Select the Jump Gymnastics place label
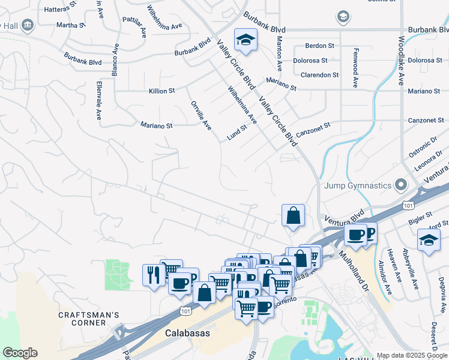(x=358, y=185)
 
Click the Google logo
(x=20, y=353)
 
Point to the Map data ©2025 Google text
(x=412, y=355)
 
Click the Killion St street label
(x=161, y=91)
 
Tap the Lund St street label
(x=237, y=133)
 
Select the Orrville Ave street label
(x=201, y=116)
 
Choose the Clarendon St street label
(x=320, y=75)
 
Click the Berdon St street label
(x=319, y=46)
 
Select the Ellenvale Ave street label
(x=98, y=100)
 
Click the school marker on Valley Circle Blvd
(x=246, y=40)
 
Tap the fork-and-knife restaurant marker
(x=152, y=275)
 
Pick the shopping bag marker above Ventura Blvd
(x=293, y=216)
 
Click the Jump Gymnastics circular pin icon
(x=400, y=185)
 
